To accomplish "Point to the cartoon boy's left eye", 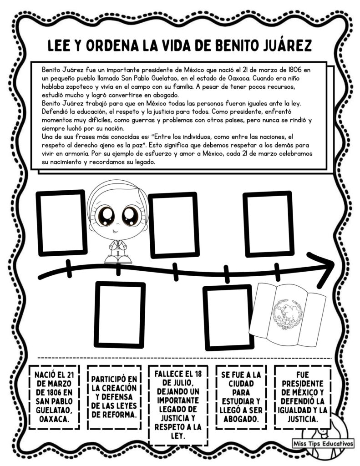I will click(x=107, y=215).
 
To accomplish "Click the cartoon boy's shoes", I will click(x=117, y=258).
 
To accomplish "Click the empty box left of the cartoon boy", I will click(x=61, y=223).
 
